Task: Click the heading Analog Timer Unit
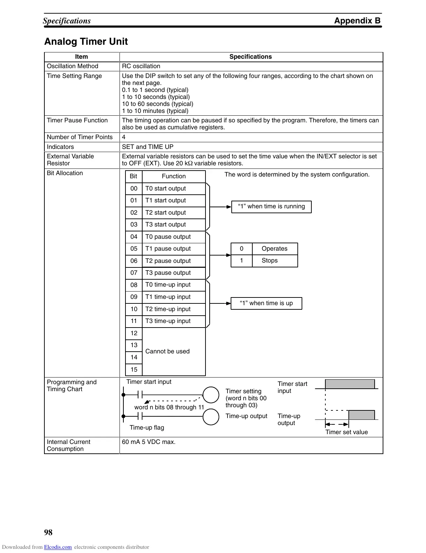coord(86,42)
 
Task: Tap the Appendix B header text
coord(357,21)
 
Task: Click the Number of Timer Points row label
coord(80,137)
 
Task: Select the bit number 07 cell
coord(134,273)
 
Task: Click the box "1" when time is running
coord(272,207)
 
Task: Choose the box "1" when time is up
coord(266,303)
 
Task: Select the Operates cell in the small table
coord(274,249)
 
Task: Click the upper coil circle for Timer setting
coord(211,395)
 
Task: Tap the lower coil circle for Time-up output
coord(211,417)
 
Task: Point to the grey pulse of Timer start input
coord(350,384)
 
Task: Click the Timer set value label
coord(347,432)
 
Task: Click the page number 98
coord(48,532)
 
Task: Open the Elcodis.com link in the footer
coord(58,547)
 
